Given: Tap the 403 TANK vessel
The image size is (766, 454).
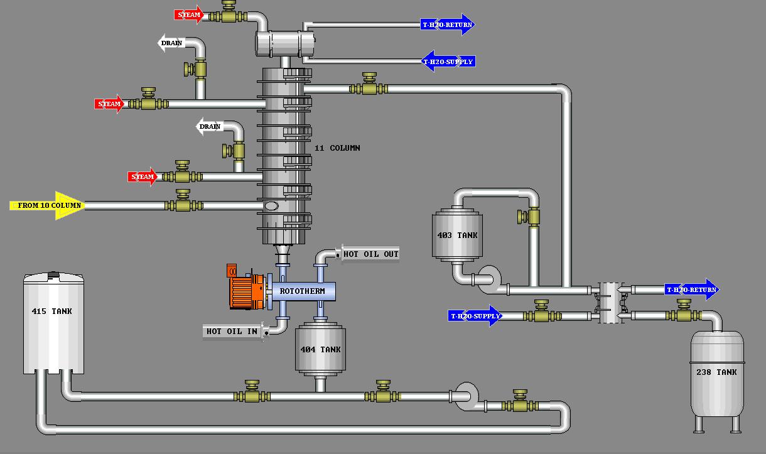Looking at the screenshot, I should click(x=457, y=236).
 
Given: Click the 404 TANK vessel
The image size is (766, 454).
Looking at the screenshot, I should click(x=320, y=350).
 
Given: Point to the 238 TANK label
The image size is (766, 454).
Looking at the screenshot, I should click(x=716, y=372).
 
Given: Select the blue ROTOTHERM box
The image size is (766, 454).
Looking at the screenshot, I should click(x=303, y=291).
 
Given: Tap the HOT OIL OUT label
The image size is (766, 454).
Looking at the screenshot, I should click(x=370, y=254).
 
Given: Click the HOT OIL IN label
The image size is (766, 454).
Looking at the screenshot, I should click(x=232, y=331).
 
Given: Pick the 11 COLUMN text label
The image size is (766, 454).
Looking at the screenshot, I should click(x=337, y=148).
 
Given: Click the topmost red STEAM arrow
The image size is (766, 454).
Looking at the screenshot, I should click(x=189, y=14).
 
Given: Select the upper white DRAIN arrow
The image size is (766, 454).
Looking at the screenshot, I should click(x=170, y=43).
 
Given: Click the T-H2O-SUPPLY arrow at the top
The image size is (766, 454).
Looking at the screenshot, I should click(x=448, y=62).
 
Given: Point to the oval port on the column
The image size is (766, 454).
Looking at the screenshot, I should click(x=271, y=206).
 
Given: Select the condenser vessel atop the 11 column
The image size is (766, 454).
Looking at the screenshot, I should click(x=285, y=43).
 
